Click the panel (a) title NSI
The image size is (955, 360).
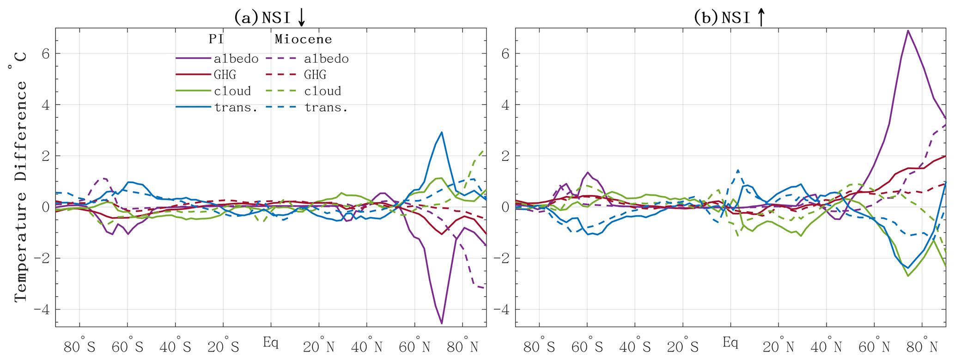pyautogui.click(x=276, y=18)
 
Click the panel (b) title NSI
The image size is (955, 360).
pyautogui.click(x=736, y=18)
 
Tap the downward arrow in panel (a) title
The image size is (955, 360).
pyautogui.click(x=301, y=17)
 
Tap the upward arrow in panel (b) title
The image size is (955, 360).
pyautogui.click(x=761, y=17)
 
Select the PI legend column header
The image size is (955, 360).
pyautogui.click(x=216, y=39)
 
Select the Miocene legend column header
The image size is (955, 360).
pyautogui.click(x=304, y=39)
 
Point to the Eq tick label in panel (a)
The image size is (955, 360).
pyautogui.click(x=271, y=342)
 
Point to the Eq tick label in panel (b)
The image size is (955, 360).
pyautogui.click(x=730, y=342)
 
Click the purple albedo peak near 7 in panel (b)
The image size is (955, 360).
pyautogui.click(x=908, y=31)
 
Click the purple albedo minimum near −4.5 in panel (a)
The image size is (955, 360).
pyautogui.click(x=442, y=323)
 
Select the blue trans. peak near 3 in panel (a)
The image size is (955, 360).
pyautogui.click(x=442, y=133)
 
